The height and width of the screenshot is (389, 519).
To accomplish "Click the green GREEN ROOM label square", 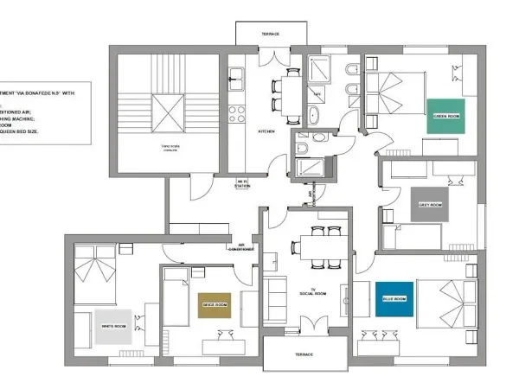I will [445, 114].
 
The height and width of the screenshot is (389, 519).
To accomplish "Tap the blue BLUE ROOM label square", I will [394, 299].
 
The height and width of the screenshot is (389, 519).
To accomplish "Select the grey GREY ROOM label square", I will [430, 205].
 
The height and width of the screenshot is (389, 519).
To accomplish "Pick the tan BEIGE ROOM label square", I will [215, 305].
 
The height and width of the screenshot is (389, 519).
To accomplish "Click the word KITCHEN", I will [266, 131].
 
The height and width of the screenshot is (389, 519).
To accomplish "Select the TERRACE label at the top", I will [270, 35].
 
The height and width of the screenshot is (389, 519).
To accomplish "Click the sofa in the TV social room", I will [277, 298].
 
